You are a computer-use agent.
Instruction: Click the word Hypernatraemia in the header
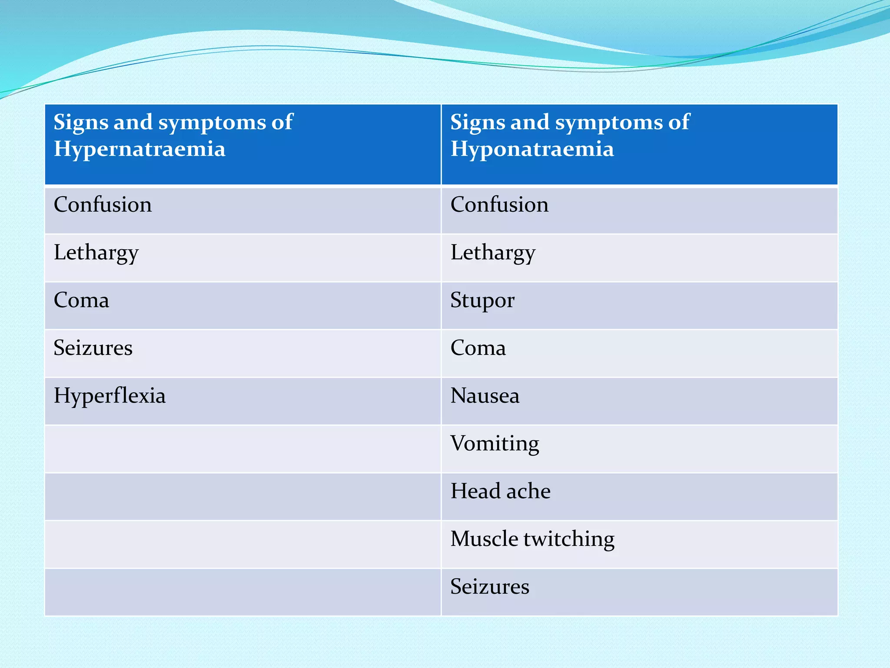[139, 149]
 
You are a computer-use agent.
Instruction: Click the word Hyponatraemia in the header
[532, 149]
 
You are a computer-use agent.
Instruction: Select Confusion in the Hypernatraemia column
[103, 204]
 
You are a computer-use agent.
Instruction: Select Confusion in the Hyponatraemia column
[499, 204]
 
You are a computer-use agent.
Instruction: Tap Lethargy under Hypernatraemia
[96, 253]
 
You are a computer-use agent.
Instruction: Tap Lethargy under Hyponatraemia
[493, 253]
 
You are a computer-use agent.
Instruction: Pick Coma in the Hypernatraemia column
[81, 300]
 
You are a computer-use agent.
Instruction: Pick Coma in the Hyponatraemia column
[478, 348]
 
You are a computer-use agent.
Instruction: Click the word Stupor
[482, 301]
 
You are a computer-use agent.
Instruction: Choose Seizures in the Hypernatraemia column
[93, 348]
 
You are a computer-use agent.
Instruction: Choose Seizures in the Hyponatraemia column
[490, 587]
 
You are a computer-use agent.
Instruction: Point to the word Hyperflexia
[110, 396]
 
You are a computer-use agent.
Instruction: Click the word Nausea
[485, 396]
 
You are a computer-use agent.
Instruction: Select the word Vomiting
[495, 444]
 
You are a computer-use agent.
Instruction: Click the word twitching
[569, 539]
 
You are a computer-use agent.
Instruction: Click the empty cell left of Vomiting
[242, 449]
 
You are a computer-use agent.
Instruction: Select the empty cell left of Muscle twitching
[242, 544]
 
